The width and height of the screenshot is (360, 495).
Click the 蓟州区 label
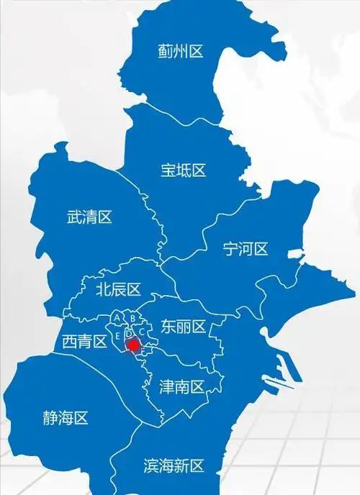pyautogui.click(x=181, y=51)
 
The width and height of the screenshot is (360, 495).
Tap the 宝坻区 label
pyautogui.click(x=184, y=171)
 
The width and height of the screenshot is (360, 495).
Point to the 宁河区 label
pyautogui.click(x=246, y=250)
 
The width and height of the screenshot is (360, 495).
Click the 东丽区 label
pyautogui.click(x=184, y=327)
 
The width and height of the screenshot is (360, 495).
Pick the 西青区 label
pyautogui.click(x=84, y=341)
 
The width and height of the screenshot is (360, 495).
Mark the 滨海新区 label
pyautogui.click(x=174, y=466)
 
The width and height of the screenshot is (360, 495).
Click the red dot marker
pyautogui.click(x=133, y=346)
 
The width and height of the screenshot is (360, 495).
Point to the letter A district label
pyautogui.click(x=117, y=317)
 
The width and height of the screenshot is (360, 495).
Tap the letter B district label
pyautogui.click(x=132, y=317)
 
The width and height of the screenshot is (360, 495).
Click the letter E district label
pyautogui.click(x=117, y=335)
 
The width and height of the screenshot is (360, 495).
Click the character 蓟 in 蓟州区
pyautogui.click(x=166, y=51)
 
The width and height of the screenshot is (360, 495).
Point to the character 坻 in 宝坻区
pyautogui.click(x=184, y=171)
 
